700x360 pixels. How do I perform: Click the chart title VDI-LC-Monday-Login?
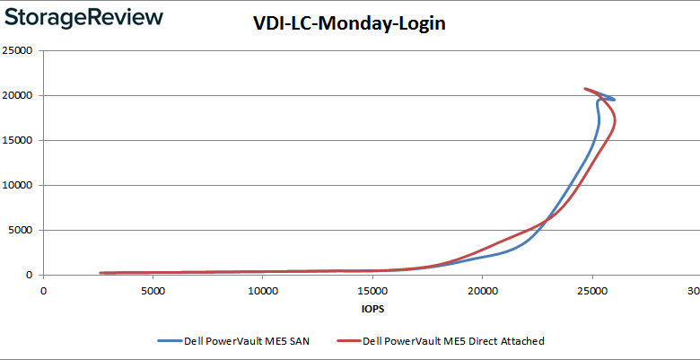coord(350,24)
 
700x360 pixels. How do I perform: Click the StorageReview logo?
coord(83,18)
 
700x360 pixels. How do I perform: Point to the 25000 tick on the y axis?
coord(18,51)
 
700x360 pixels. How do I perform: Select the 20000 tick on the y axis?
coord(18,96)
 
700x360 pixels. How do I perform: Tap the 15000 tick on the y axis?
coord(18,141)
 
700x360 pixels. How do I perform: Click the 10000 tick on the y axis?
coord(18,186)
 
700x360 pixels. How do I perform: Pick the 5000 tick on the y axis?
coord(21,231)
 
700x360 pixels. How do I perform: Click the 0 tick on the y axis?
coord(30,276)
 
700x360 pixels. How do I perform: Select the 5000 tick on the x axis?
coord(153,291)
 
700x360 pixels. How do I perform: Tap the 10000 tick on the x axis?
coord(262,291)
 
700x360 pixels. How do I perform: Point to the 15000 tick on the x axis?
coord(372,291)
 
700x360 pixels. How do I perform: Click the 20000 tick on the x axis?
coord(483,291)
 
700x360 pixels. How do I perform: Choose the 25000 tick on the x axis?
coord(592,291)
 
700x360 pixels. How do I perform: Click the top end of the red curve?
coord(585,89)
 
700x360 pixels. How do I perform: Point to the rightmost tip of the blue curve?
coord(614,99)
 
